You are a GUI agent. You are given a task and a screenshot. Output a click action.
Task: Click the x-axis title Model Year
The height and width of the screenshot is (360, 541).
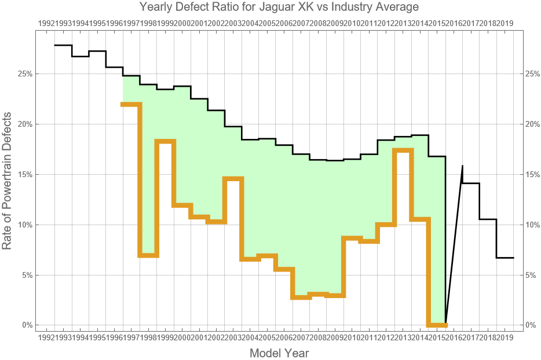click(x=279, y=353)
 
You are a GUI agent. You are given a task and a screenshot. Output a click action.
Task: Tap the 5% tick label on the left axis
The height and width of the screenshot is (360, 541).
click(x=25, y=275)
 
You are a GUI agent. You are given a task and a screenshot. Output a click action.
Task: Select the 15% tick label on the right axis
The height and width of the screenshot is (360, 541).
click(x=533, y=174)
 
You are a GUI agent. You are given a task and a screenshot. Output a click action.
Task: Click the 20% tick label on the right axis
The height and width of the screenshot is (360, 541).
click(x=533, y=124)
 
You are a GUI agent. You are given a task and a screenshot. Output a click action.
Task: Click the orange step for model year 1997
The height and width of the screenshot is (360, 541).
click(x=131, y=104)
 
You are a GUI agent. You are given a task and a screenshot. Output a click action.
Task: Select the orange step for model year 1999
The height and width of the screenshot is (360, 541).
click(x=165, y=141)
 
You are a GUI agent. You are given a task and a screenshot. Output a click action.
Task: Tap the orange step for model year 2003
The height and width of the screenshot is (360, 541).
click(x=233, y=178)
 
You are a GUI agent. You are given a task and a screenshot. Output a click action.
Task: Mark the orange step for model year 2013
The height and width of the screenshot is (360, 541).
click(x=403, y=150)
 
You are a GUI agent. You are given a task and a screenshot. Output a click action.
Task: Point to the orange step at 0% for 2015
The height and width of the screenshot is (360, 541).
click(x=437, y=325)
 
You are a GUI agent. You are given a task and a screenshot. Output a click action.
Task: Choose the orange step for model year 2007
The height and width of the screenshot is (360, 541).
click(x=301, y=297)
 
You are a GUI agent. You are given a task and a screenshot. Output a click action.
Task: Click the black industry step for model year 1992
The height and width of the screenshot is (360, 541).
click(x=63, y=45)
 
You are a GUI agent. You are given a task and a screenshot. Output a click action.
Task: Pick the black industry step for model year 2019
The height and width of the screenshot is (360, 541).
click(x=505, y=258)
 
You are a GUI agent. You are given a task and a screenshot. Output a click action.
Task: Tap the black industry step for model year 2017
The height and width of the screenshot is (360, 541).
click(x=471, y=183)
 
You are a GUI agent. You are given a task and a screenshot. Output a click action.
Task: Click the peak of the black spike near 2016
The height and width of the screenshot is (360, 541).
click(x=462, y=166)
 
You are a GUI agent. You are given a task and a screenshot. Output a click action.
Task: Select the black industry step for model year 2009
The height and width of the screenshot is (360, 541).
click(x=335, y=160)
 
